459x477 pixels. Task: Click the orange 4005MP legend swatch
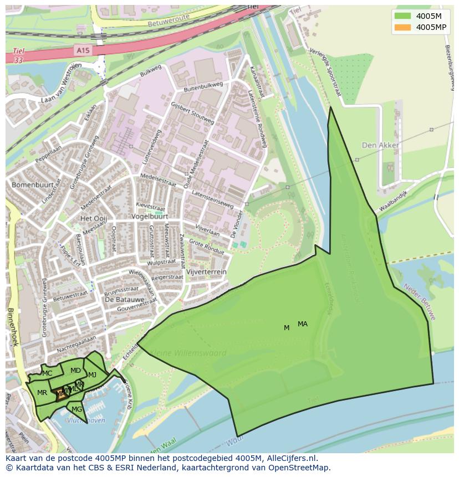coord(403,27)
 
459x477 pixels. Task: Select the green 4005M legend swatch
coord(403,16)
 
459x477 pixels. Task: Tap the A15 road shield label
coord(82,50)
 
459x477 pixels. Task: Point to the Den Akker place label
coord(380,145)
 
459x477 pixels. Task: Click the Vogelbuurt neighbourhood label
coord(150,216)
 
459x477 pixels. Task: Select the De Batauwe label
coord(121,299)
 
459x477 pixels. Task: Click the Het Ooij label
coord(93,218)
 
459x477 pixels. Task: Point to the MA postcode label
coord(302,324)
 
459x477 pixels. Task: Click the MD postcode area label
coord(75,371)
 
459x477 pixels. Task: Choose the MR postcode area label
coord(42,393)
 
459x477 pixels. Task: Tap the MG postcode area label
coord(76,409)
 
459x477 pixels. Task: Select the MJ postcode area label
coord(92,375)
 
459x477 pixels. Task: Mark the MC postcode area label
coord(47,373)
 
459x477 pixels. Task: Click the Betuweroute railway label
coord(169,21)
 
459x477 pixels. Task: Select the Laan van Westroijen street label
coord(61,85)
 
